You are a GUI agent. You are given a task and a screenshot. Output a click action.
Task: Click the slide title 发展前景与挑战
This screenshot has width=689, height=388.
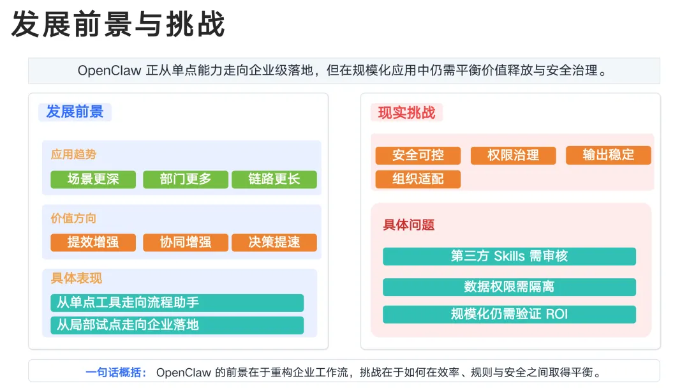tap(118, 24)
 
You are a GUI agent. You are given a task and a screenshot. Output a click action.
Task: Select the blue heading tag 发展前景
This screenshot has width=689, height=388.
tap(75, 112)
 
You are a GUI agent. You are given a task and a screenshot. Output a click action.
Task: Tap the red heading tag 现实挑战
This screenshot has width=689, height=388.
tap(406, 112)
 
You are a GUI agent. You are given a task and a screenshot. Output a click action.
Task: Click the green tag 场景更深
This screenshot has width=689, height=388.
tap(93, 179)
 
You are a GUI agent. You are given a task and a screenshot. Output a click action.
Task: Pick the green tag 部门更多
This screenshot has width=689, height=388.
tap(186, 179)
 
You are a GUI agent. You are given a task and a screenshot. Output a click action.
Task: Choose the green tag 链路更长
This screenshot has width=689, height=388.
tap(274, 179)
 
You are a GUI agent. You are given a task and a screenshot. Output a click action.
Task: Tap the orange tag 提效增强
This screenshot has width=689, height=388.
tap(93, 243)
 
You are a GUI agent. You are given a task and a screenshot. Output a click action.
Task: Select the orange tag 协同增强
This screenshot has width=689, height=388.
tap(186, 243)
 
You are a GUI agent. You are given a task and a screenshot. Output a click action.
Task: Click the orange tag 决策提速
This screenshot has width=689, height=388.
tap(274, 243)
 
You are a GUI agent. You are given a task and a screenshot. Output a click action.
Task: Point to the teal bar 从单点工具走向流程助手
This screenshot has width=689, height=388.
tap(177, 302)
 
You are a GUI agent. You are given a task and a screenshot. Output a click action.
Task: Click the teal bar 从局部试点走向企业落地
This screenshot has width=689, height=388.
tap(177, 325)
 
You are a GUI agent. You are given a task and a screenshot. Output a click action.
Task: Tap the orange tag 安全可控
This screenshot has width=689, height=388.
tap(418, 156)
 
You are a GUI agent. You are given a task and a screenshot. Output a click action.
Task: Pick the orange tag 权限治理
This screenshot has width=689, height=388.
tap(513, 156)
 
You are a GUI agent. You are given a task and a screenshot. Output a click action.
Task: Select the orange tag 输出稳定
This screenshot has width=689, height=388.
tap(608, 156)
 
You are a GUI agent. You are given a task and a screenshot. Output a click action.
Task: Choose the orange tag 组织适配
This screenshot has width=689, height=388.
tap(418, 179)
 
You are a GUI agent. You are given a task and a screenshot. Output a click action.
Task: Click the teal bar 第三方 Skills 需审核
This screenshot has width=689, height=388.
tap(509, 257)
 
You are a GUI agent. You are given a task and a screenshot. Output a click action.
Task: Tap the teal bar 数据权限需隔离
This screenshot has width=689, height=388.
tap(509, 287)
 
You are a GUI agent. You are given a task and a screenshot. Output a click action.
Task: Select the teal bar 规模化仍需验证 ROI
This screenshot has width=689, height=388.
tap(509, 315)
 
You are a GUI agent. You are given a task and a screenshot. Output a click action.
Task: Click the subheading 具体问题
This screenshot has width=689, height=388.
tap(409, 225)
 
